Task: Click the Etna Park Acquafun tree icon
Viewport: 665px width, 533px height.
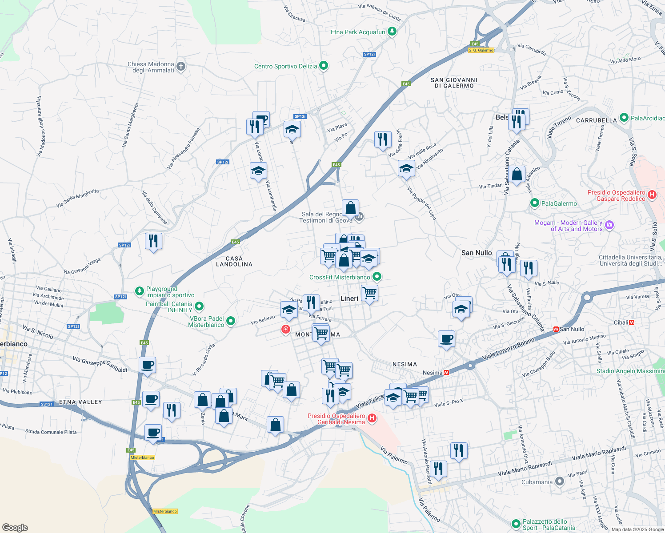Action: pos(392,32)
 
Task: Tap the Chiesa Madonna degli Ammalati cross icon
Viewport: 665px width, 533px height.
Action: pos(180,67)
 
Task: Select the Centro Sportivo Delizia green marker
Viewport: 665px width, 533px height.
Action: pos(324,66)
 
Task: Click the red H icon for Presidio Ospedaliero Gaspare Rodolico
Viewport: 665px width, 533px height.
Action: pos(652,195)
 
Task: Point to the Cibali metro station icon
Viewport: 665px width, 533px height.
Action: pos(632,322)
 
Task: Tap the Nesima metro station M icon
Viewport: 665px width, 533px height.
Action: pos(446,373)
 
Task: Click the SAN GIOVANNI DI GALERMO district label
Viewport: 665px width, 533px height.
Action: pos(454,83)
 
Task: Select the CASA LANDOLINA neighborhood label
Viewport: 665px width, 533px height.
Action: pos(234,262)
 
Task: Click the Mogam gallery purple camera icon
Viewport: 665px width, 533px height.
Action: pos(609,225)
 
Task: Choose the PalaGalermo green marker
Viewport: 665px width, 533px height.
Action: pos(535,203)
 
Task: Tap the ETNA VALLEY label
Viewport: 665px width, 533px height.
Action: pos(80,402)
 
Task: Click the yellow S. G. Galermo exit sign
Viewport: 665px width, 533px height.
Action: pos(481,50)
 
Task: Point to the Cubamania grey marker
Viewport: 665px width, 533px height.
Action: pos(560,481)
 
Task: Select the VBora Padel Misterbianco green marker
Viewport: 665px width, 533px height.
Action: pos(231,321)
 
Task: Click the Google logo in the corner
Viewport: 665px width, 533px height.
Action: pos(15,528)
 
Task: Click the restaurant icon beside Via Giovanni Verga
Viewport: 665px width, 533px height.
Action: pos(153,241)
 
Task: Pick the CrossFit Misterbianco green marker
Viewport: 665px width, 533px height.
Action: pos(377,277)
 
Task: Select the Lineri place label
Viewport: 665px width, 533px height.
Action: pos(349,298)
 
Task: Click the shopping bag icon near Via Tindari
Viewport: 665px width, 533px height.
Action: pos(517,174)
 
